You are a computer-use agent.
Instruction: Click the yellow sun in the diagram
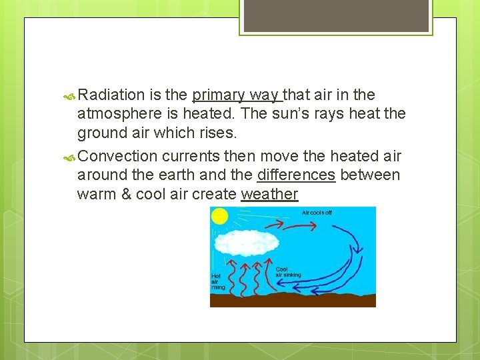[x=219, y=216]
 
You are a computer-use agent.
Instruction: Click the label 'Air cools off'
[x=317, y=213]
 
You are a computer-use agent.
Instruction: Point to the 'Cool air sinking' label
[x=287, y=272]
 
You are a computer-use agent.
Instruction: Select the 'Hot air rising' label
[x=217, y=282]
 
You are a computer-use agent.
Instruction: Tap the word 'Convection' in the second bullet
[x=117, y=156]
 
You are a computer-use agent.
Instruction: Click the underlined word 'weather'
[x=269, y=194]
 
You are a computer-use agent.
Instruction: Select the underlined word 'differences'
[x=296, y=175]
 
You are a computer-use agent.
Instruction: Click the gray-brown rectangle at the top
[x=336, y=15]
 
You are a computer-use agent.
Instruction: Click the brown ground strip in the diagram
[x=293, y=300]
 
